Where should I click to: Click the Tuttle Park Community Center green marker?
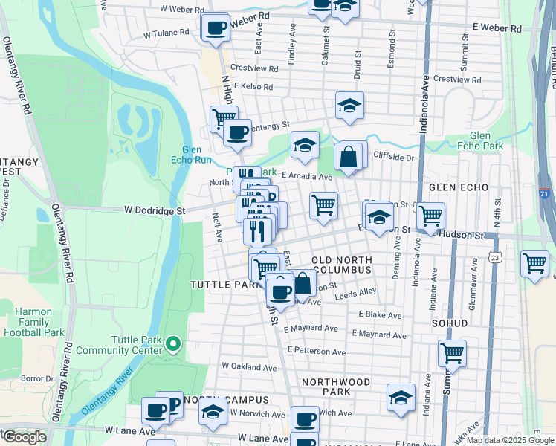(x=172, y=344)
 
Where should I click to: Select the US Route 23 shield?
(x=496, y=256)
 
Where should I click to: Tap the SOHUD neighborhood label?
(x=450, y=323)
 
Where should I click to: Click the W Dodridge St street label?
(x=157, y=211)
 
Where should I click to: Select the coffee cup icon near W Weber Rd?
(x=216, y=28)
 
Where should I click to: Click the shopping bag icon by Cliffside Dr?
(x=348, y=158)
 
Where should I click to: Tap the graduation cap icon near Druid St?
(x=349, y=106)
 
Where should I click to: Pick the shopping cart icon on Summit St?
(x=452, y=355)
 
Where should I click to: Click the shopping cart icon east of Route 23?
(x=535, y=263)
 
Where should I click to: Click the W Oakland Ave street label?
(x=248, y=366)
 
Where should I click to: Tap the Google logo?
(x=25, y=437)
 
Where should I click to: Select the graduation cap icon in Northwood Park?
(x=401, y=398)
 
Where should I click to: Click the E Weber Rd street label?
(x=497, y=29)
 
